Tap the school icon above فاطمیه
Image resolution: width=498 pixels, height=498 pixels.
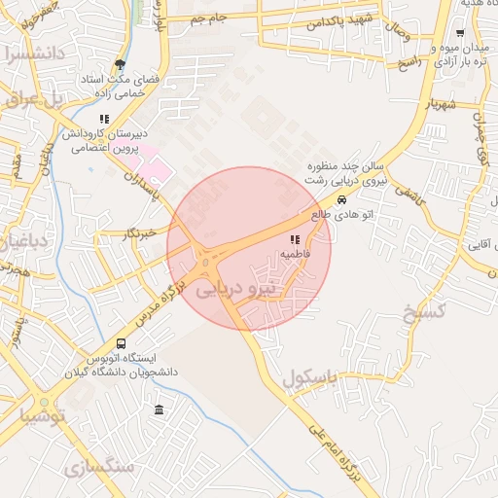[x=295, y=239]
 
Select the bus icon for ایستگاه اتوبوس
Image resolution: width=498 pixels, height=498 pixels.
[x=121, y=343]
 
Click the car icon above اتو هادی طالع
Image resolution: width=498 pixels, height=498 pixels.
[x=340, y=200]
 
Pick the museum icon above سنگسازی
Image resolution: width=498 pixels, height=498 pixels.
[x=159, y=409]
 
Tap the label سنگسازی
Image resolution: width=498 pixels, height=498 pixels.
[x=100, y=468]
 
